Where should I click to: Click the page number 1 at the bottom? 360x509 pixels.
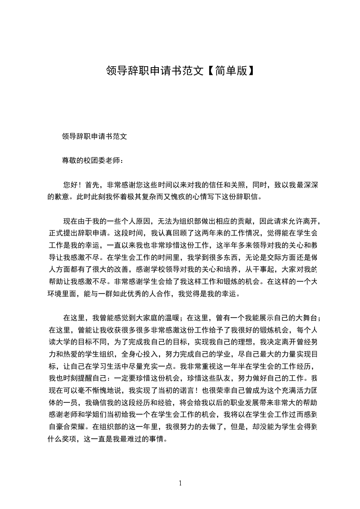(x=180, y=483)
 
